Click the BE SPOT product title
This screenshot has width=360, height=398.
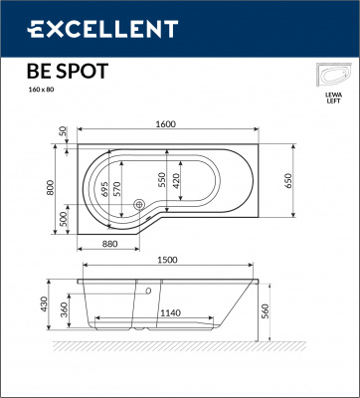67,71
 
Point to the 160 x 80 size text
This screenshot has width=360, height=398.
43,90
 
